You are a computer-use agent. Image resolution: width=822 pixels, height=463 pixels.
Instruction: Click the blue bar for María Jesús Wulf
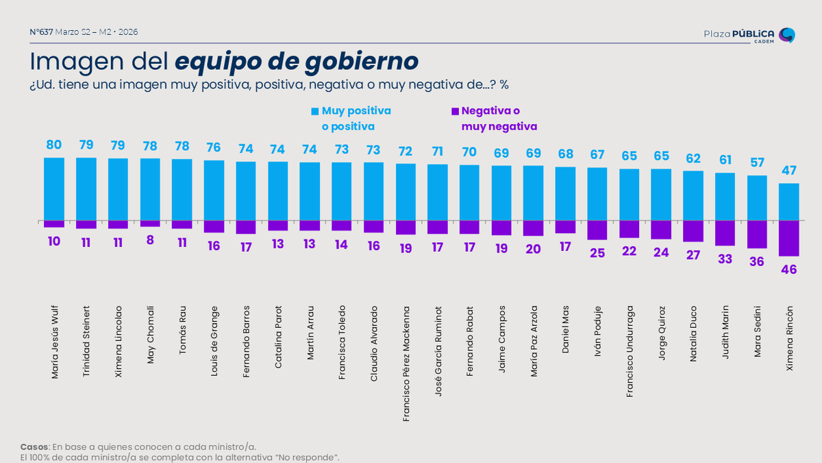(54, 189)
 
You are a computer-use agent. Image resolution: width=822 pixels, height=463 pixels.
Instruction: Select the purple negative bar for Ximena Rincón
(789, 237)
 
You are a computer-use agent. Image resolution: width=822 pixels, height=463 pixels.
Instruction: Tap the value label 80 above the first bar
(54, 145)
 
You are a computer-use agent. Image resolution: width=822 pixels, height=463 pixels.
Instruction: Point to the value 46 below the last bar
(789, 270)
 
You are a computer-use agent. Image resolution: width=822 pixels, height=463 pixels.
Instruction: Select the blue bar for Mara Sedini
(757, 198)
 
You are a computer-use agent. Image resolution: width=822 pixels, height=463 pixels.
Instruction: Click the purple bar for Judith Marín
(725, 233)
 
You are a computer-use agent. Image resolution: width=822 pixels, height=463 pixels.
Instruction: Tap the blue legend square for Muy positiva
(315, 111)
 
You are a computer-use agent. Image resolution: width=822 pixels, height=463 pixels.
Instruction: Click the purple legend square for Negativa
(455, 111)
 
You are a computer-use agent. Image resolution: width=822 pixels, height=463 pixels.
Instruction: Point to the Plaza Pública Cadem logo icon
(788, 35)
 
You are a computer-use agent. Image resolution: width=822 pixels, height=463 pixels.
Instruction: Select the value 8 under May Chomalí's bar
(150, 241)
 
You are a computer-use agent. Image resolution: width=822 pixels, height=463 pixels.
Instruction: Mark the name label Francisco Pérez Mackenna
(406, 363)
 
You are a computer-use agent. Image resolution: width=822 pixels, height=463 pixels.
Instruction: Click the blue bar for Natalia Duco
(693, 195)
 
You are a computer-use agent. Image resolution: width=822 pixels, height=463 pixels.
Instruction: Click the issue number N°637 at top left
(42, 32)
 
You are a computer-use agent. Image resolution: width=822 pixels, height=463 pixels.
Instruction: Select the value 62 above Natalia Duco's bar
(693, 158)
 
